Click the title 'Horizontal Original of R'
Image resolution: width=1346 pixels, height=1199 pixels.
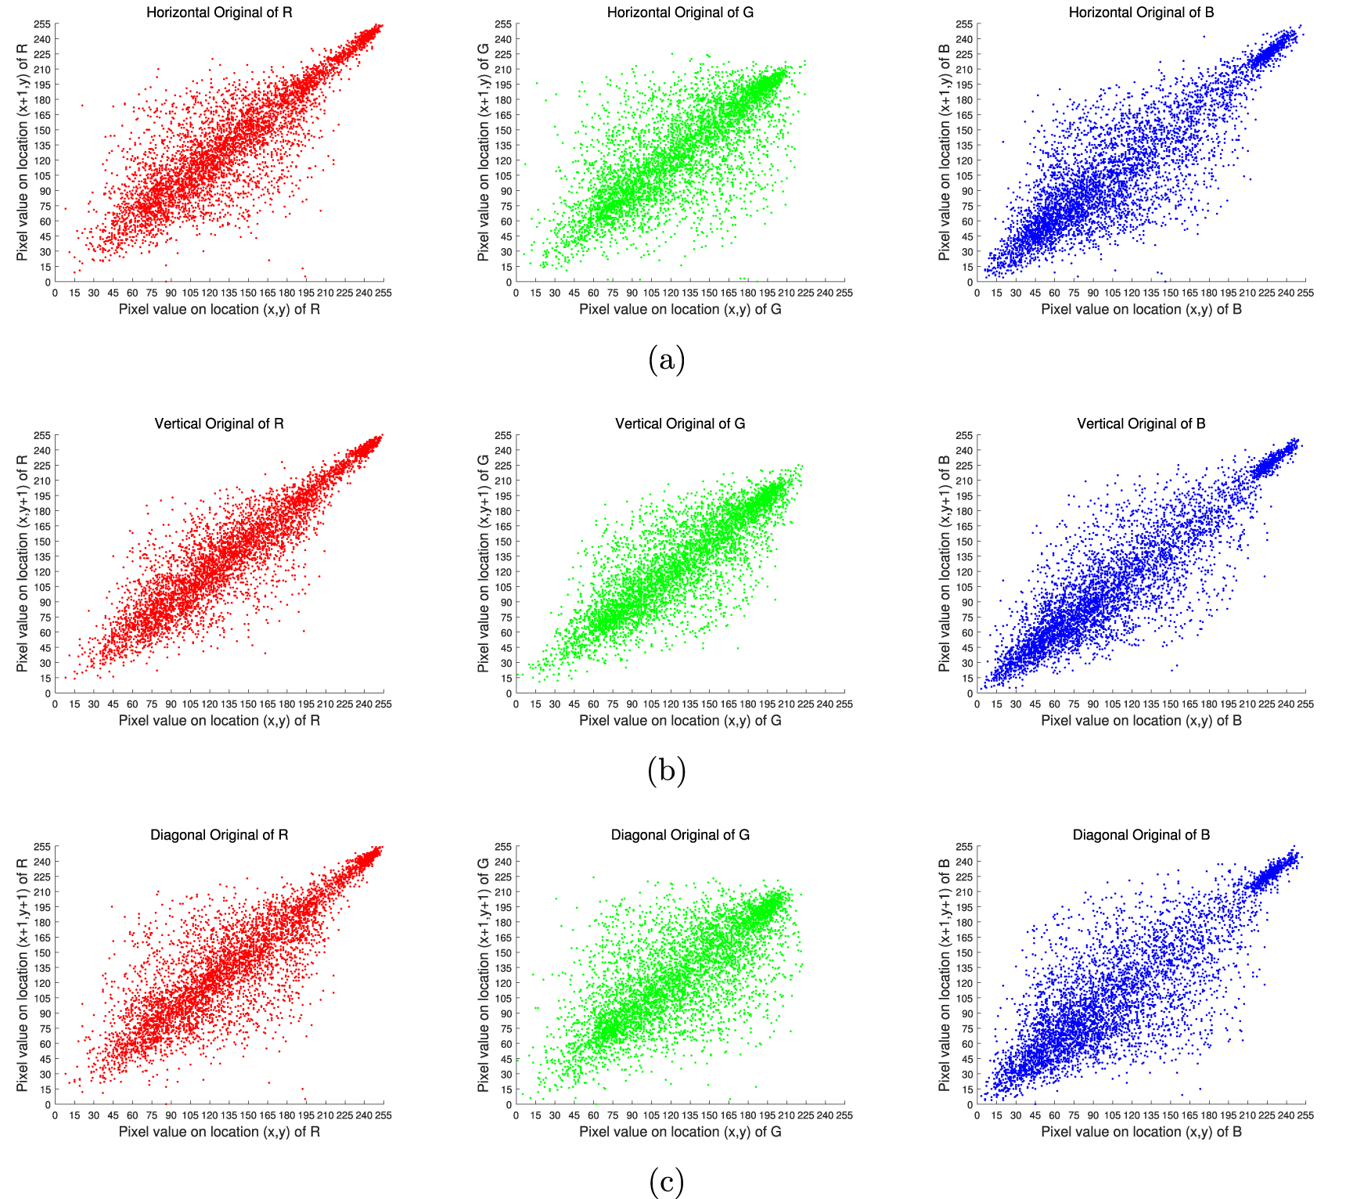219,13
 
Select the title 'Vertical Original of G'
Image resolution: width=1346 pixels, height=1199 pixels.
680,423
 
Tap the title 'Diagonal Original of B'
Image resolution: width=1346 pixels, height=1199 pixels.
1141,835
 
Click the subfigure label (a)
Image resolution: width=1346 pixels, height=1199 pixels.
667,360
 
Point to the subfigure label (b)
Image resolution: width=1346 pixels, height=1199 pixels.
667,771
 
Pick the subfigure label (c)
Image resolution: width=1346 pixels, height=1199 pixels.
667,1182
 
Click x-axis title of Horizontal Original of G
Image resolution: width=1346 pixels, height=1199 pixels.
680,309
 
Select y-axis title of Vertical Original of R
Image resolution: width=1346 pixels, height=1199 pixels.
22,563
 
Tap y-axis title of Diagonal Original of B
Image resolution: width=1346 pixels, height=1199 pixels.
945,975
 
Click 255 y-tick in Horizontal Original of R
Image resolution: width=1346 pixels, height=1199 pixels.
42,24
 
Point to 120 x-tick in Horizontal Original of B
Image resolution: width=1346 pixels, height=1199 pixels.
1132,293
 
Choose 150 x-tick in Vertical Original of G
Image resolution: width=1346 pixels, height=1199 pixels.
709,704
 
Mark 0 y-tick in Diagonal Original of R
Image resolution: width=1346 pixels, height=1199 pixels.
48,1104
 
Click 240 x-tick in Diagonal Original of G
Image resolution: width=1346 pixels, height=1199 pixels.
825,1115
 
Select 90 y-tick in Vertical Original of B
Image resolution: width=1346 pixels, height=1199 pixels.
967,602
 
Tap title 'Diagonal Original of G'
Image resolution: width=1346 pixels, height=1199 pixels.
680,835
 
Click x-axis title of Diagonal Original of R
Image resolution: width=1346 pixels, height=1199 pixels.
219,1132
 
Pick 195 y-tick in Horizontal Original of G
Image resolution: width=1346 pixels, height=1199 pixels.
503,85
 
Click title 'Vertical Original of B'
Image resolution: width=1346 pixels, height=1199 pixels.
1141,423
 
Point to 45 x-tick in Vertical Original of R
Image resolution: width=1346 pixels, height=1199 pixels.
113,704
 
